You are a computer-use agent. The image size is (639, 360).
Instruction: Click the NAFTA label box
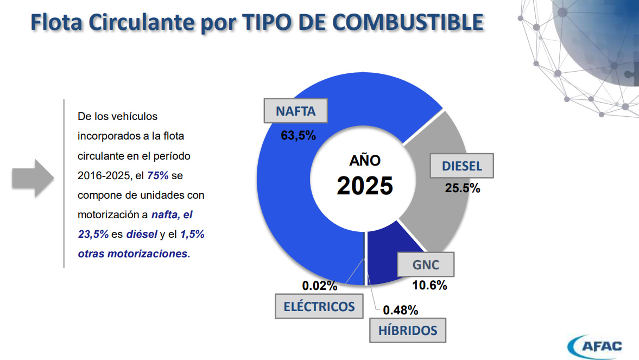coord(295,111)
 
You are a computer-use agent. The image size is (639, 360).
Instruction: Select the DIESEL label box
coord(462,166)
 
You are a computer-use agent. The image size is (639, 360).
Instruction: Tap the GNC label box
coord(426,266)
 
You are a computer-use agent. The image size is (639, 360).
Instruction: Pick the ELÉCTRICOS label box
coord(319,306)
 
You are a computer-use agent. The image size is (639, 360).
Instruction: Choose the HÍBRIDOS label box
coord(408,330)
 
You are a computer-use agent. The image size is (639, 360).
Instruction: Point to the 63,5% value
coord(298,136)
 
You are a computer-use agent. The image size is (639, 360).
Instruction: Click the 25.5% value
coord(463,188)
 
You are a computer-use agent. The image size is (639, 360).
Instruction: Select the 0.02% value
coord(320,286)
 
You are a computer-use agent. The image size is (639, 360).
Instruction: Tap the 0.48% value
coord(401,310)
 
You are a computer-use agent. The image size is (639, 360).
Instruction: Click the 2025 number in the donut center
coord(364,186)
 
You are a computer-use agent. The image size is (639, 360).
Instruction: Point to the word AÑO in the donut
coord(364,161)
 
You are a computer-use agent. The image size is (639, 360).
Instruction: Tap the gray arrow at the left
coord(33,178)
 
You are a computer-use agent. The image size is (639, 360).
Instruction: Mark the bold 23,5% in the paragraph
coord(93,234)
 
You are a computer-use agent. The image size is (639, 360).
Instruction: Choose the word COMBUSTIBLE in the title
coord(407,22)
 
